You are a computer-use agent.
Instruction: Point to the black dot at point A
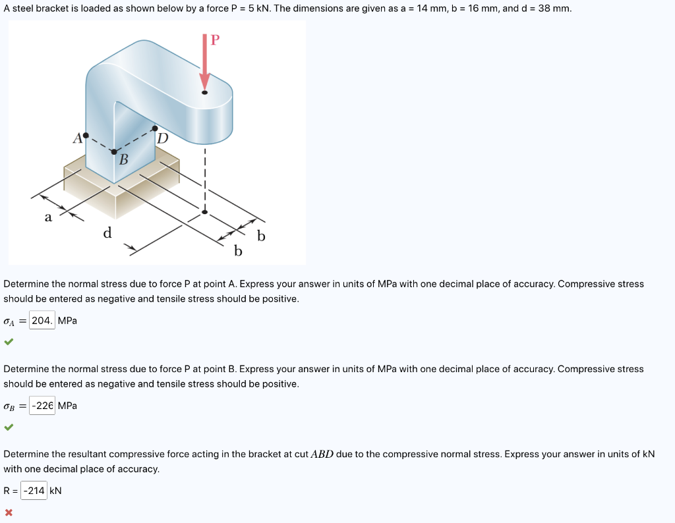[x=86, y=135]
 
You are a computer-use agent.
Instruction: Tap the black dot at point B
[x=114, y=152]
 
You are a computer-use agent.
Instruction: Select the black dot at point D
[x=155, y=128]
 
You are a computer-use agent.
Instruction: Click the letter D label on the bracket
[x=163, y=139]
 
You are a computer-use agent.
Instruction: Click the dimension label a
[x=47, y=218]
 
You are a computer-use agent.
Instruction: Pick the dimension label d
[x=107, y=233]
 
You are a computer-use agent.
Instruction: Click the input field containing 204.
[x=42, y=321]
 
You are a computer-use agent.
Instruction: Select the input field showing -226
[x=42, y=406]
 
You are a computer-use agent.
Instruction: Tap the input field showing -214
[x=34, y=491]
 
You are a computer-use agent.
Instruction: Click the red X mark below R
[x=8, y=512]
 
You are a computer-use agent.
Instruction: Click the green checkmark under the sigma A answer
[x=8, y=342]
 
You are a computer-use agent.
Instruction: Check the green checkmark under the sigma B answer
[x=8, y=427]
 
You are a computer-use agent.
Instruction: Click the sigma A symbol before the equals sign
[x=9, y=321]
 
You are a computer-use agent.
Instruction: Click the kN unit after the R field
[x=55, y=491]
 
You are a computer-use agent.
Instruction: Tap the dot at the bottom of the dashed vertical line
[x=204, y=212]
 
